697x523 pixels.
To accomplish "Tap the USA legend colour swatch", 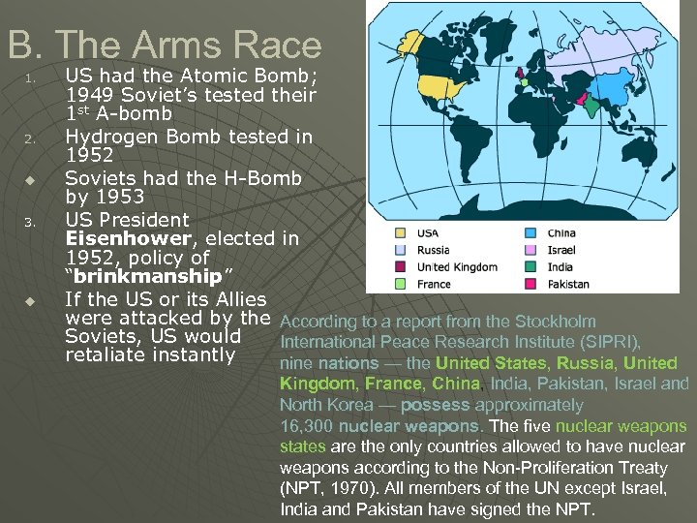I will point(400,232).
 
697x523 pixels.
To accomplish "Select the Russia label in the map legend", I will point(434,250).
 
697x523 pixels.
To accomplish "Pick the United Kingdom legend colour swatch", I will point(400,267).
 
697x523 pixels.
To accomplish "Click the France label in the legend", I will point(434,285).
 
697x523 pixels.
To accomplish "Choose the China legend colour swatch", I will point(530,232).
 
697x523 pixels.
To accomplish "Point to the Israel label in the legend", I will point(561,250).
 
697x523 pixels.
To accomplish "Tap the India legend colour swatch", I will point(530,267).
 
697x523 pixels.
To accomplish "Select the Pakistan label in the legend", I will point(568,285).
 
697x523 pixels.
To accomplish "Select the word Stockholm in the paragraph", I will point(555,322).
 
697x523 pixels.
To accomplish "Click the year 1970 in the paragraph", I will point(347,489).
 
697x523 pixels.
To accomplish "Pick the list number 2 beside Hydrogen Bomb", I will point(30,138).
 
